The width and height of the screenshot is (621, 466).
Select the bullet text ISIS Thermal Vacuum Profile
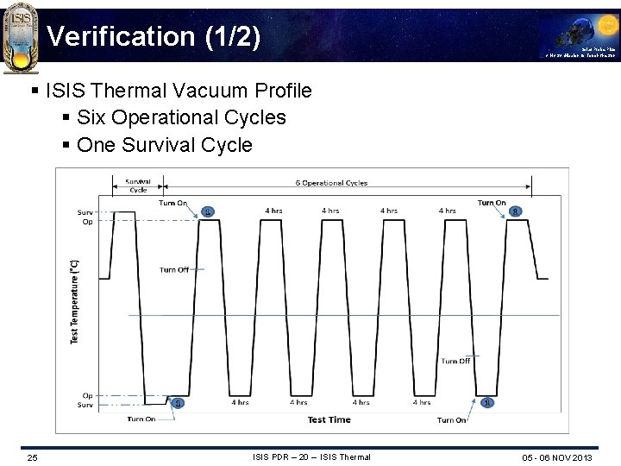179,90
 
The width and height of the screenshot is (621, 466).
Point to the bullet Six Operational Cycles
181,117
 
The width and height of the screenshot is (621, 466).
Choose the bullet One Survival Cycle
164,145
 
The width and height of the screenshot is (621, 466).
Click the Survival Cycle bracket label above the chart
137,186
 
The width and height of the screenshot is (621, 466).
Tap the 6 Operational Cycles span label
332,183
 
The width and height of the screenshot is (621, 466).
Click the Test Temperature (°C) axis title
74,301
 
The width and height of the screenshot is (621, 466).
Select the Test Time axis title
329,419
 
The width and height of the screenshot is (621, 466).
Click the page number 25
32,457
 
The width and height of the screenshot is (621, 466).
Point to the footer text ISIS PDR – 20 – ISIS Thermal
311,457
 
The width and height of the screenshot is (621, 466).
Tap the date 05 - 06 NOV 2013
557,457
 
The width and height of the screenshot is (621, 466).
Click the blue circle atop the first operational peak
207,211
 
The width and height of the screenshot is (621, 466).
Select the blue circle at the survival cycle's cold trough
178,403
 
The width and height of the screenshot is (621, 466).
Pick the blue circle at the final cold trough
486,403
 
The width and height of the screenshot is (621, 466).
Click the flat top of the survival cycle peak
124,211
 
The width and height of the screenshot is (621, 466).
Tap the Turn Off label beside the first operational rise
173,270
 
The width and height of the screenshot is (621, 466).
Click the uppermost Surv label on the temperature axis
85,212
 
